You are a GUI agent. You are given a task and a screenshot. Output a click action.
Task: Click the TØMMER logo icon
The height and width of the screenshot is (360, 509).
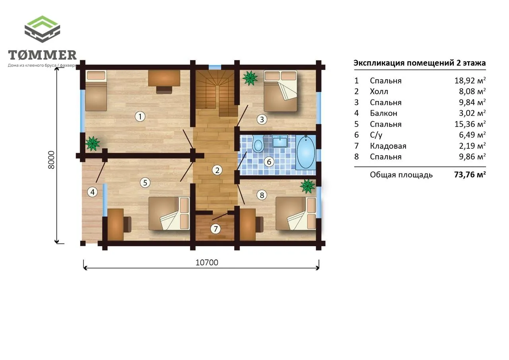pos(42,29)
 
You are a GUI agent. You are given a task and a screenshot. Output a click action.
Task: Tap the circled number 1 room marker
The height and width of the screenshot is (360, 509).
pos(140,117)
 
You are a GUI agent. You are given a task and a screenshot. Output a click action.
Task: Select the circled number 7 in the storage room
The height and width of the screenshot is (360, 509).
pos(216,229)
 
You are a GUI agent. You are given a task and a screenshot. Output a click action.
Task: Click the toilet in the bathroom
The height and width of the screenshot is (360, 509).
pos(258,144)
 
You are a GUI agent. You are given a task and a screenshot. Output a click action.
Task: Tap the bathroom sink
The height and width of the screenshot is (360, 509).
pos(280,141)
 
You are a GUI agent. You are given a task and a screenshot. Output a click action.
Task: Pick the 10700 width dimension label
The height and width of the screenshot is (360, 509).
pos(207,263)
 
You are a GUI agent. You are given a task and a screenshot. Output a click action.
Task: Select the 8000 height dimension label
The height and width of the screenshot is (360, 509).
pos(52,160)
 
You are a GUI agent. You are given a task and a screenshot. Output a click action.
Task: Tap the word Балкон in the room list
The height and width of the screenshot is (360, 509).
pos(384,113)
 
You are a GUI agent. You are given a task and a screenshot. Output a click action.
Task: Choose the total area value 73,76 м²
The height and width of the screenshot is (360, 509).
pos(470,175)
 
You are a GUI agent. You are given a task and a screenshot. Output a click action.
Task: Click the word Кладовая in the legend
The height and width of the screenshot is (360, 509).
pos(388,146)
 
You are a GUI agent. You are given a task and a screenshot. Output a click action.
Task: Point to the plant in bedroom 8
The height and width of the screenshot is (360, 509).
pos(307,186)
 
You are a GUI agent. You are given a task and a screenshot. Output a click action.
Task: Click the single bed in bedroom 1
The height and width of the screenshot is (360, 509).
pos(96,90)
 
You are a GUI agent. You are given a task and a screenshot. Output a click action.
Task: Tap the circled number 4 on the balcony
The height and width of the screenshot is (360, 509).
pos(93,192)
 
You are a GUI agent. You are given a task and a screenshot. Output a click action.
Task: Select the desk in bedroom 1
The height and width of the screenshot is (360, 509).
pos(164,78)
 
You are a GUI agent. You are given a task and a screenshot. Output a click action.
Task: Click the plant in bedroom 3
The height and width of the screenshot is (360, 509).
pos(250,78)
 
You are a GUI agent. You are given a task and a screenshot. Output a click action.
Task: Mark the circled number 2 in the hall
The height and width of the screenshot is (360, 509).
pos(217,170)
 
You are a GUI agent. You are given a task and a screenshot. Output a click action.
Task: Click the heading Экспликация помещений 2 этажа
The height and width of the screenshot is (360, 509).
pos(420,63)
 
